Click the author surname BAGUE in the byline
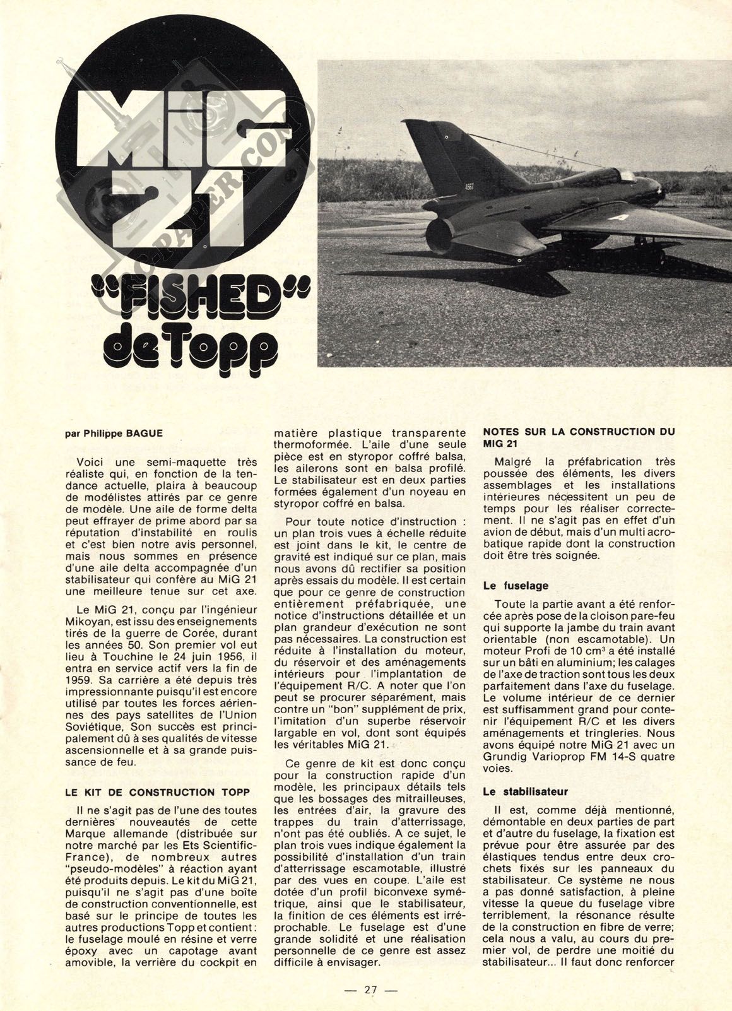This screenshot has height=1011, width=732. pos(138,434)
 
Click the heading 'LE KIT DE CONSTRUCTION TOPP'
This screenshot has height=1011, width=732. pos(158,791)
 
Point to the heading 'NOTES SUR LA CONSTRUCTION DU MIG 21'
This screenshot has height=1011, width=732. pos(578,438)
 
